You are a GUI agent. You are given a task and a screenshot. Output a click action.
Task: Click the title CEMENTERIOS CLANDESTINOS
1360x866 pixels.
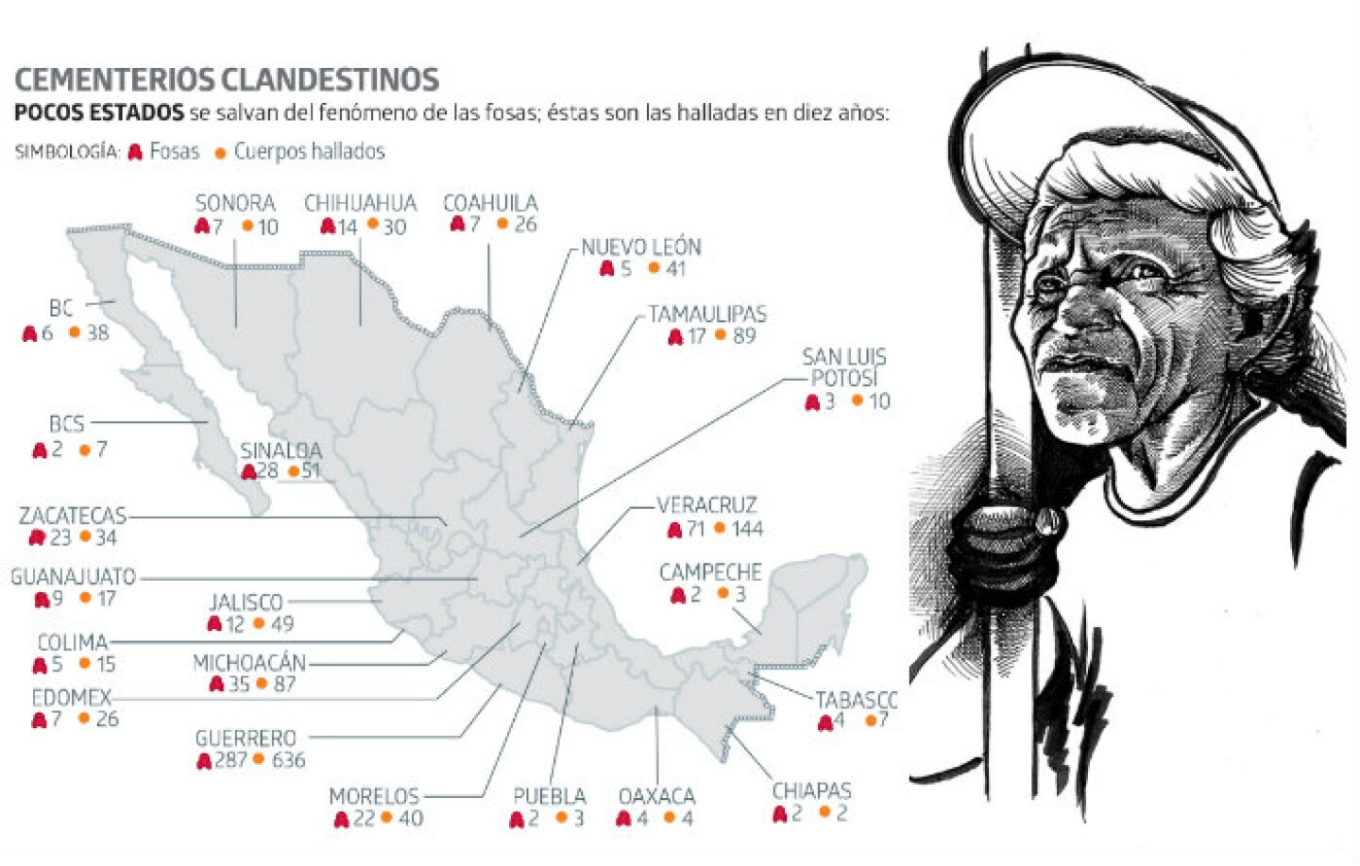227,79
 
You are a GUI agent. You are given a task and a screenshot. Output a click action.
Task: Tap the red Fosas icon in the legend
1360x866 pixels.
135,152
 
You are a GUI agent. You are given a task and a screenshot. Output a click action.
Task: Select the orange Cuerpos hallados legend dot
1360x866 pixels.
220,153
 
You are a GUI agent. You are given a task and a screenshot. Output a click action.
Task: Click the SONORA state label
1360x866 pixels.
235,203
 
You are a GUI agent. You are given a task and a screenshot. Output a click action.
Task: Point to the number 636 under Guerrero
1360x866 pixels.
288,760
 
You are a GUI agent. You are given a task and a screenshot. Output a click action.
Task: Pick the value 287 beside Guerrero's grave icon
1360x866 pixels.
230,760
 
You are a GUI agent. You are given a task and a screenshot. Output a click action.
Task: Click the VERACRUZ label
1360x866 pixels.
707,505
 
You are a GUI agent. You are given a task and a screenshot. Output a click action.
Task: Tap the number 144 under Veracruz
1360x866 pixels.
746,529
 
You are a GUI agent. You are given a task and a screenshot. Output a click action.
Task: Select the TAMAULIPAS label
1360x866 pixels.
707,314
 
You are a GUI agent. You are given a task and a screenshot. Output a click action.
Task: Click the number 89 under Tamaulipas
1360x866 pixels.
744,336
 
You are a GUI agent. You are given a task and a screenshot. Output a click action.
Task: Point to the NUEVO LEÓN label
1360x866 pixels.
641,247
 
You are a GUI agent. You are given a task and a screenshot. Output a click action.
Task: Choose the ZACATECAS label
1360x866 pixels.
73,516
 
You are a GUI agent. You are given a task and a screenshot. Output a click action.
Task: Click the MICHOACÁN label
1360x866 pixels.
249,663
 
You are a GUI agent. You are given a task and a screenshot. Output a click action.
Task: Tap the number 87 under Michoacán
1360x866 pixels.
284,684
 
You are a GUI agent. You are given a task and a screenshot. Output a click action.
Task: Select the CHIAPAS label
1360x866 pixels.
811,790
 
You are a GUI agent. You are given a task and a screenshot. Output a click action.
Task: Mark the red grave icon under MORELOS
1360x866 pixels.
341,820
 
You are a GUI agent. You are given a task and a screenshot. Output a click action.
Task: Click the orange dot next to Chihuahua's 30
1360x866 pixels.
373,225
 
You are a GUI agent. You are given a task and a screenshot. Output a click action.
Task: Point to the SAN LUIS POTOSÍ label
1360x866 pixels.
843,367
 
